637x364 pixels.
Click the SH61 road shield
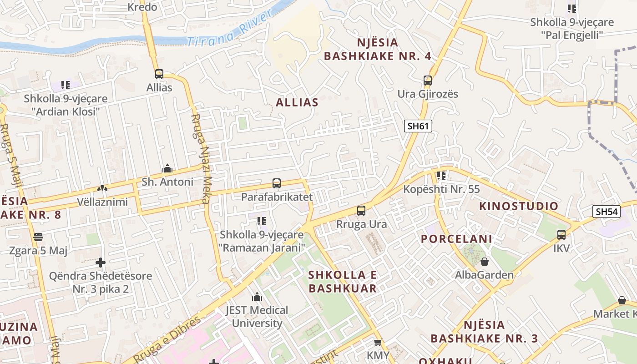pyautogui.click(x=418, y=126)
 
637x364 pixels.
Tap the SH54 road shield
pyautogui.click(x=607, y=211)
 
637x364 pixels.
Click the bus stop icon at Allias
pyautogui.click(x=159, y=74)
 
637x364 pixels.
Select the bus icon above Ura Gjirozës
pyautogui.click(x=427, y=81)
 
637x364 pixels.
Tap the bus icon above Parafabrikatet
pyautogui.click(x=276, y=183)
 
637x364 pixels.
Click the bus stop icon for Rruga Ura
pyautogui.click(x=361, y=211)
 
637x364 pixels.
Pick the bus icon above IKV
pyautogui.click(x=561, y=235)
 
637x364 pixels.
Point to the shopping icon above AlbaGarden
pyautogui.click(x=485, y=262)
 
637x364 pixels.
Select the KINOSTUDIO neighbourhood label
pyautogui.click(x=518, y=206)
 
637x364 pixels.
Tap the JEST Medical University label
pyautogui.click(x=257, y=317)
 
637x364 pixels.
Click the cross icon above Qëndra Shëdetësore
pyautogui.click(x=101, y=263)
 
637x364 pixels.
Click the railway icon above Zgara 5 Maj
pyautogui.click(x=38, y=237)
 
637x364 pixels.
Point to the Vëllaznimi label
pyautogui.click(x=102, y=202)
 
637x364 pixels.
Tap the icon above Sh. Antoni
pyautogui.click(x=167, y=169)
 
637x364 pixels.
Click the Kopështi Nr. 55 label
pyautogui.click(x=441, y=189)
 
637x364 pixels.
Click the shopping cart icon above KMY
pyautogui.click(x=378, y=342)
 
